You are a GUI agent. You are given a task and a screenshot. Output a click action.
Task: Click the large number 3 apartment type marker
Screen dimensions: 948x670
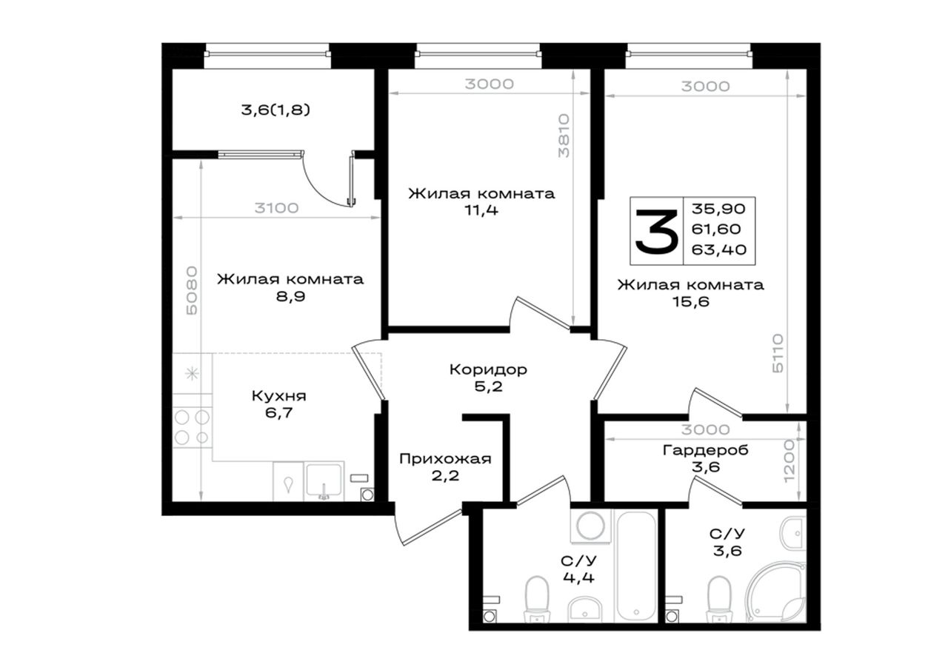(656, 232)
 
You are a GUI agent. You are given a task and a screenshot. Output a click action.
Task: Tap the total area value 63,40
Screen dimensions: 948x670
(718, 249)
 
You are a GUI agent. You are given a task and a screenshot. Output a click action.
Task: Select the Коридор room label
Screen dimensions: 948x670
(488, 369)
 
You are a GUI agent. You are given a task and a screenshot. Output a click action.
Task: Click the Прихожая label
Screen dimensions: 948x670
(445, 459)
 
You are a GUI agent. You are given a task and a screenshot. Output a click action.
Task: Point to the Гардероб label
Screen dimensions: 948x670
(706, 450)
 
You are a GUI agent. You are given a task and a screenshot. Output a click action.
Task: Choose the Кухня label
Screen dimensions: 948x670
(279, 396)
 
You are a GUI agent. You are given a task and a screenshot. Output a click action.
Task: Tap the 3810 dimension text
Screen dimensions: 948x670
(564, 135)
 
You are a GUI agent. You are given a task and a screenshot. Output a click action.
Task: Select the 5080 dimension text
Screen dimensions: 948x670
(192, 290)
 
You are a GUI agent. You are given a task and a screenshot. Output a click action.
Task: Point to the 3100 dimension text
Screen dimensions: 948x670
(276, 208)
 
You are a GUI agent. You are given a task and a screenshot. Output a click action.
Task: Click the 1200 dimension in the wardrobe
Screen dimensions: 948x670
(790, 461)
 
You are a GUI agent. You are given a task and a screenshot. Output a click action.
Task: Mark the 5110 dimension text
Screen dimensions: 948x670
(778, 353)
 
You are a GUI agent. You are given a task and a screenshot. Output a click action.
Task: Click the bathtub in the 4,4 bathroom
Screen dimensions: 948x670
(636, 566)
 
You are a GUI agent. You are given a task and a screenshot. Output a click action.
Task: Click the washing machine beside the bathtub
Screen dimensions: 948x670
(591, 526)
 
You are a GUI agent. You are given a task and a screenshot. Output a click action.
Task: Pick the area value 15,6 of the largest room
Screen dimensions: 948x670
(690, 301)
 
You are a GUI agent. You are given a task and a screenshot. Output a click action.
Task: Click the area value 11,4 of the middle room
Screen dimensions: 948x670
(481, 210)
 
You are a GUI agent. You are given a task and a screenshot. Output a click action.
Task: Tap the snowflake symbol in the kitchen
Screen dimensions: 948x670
(192, 373)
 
